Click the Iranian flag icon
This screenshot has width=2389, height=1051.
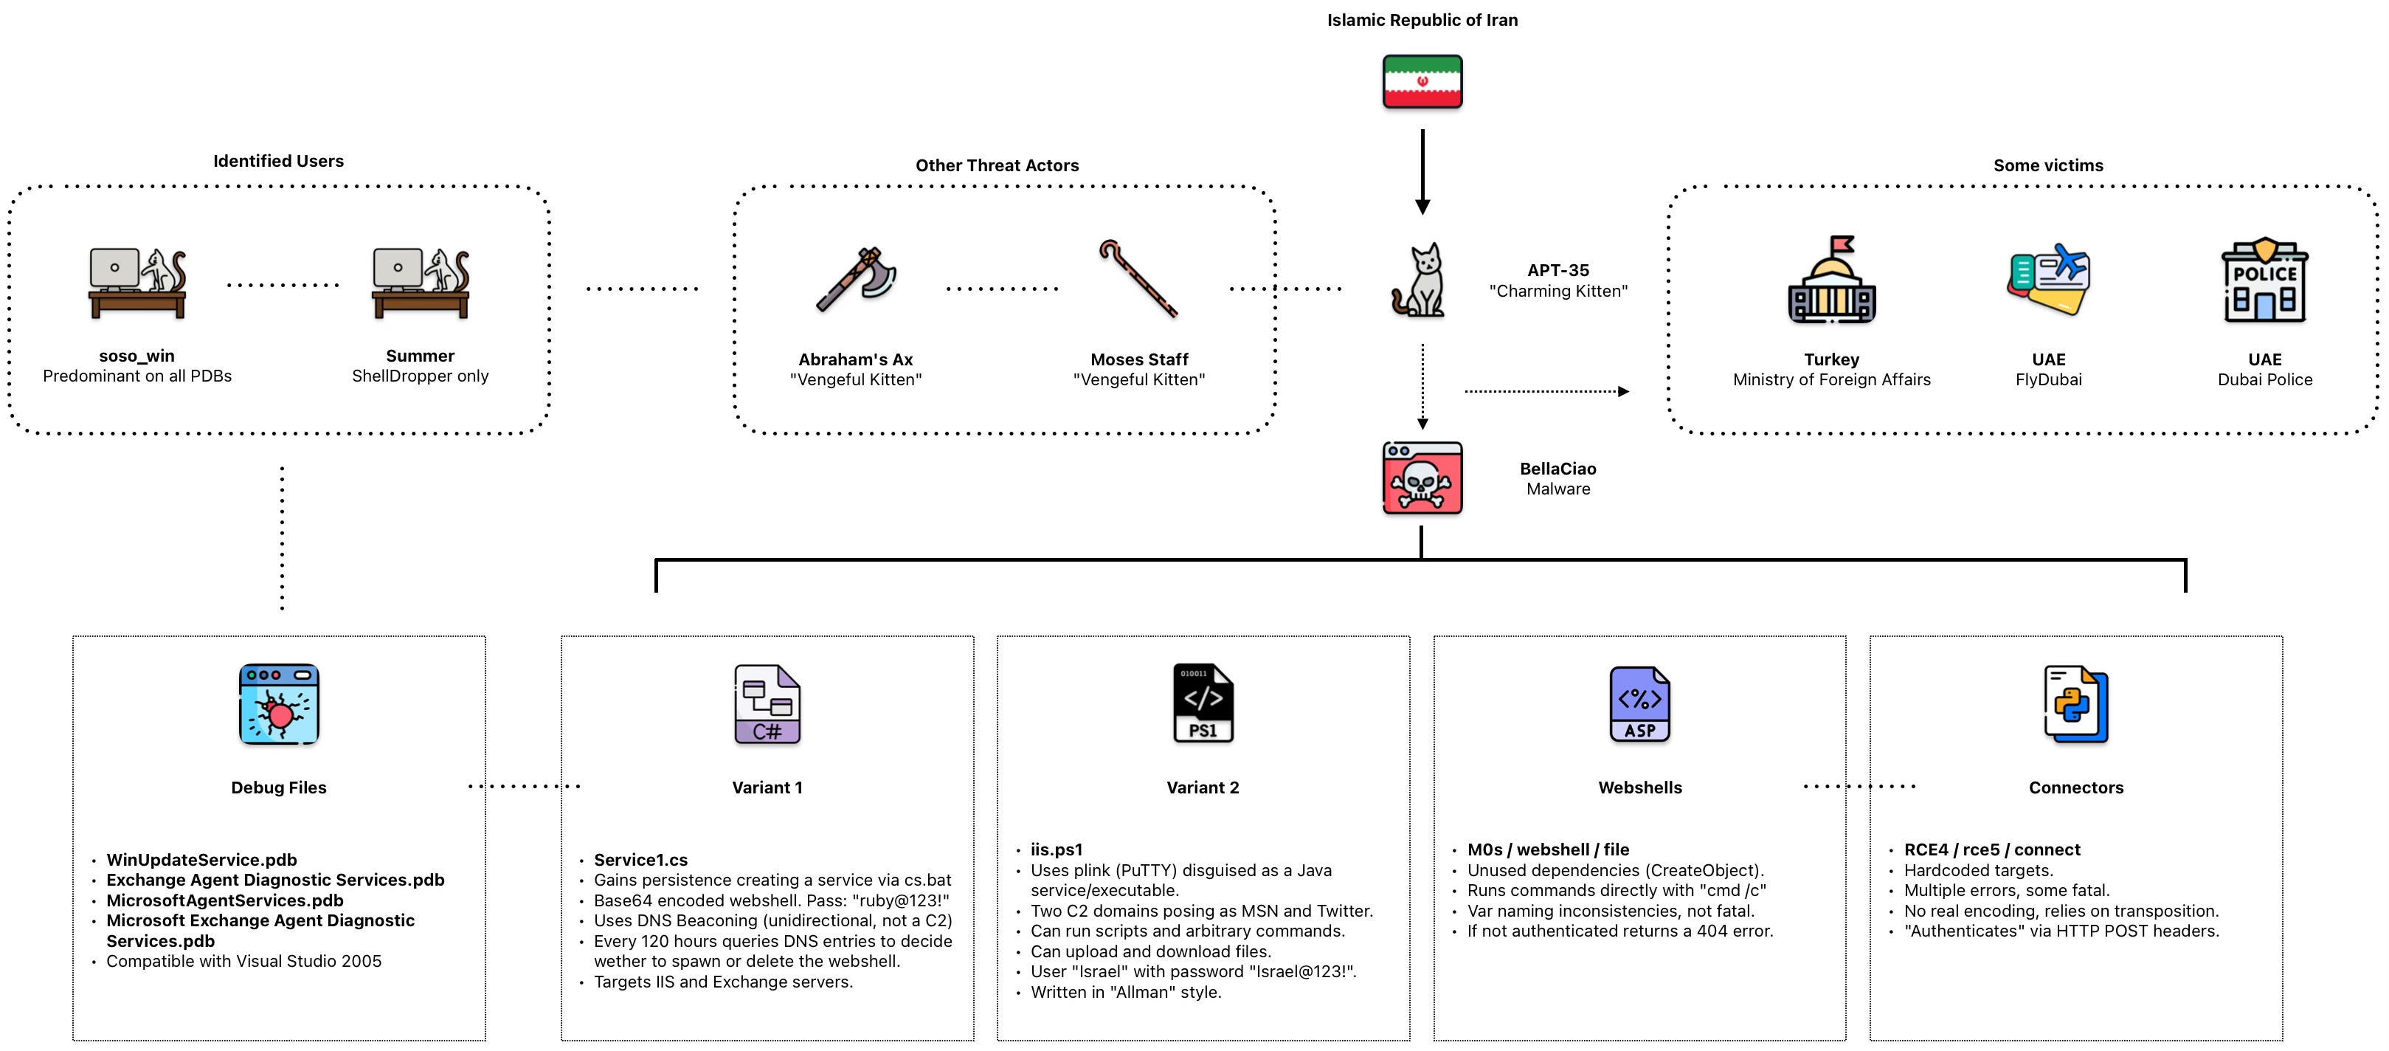click(x=1422, y=82)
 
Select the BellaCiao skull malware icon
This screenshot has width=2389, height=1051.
click(x=1422, y=478)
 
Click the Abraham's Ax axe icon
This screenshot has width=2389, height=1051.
click(x=856, y=278)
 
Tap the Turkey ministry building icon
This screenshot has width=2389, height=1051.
click(x=1832, y=280)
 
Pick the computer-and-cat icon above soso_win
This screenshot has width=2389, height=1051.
click(x=137, y=282)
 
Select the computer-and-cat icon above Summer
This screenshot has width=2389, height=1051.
click(x=420, y=282)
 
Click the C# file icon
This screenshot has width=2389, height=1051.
click(x=767, y=704)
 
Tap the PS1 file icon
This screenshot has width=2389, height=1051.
click(x=1203, y=703)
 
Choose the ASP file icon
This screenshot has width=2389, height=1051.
click(x=1639, y=704)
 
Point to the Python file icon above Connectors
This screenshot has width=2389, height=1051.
click(x=2075, y=704)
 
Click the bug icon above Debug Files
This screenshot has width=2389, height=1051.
click(x=279, y=704)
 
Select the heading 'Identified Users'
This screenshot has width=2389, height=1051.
click(x=278, y=160)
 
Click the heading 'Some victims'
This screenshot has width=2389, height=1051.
click(x=2047, y=165)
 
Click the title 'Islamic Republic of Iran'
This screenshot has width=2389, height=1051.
click(x=1422, y=19)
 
